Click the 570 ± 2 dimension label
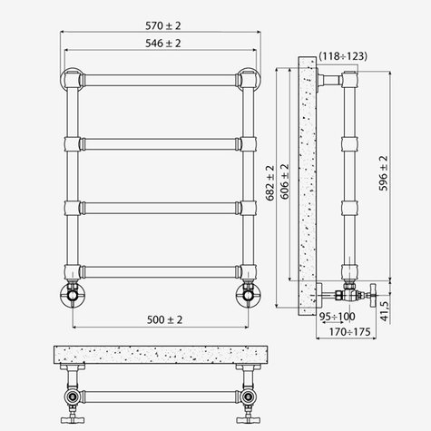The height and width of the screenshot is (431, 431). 163,25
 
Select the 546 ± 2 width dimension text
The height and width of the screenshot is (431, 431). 163,44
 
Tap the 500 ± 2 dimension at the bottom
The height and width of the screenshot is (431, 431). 164,319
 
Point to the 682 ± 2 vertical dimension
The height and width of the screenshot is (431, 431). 269,182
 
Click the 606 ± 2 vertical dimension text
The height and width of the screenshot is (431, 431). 285,181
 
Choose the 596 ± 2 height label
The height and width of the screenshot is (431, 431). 383,173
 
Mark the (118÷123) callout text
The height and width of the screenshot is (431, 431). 343,56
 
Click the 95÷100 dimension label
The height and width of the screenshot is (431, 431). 338,317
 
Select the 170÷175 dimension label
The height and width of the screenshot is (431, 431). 349,332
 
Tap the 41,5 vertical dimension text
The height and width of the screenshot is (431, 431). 384,311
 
